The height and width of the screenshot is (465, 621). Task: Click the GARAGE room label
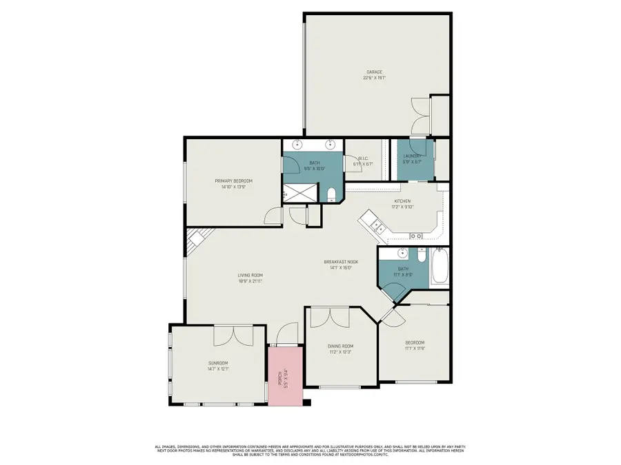point(375,72)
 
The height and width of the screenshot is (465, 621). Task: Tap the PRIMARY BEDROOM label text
point(230,180)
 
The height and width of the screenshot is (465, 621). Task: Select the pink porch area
point(286,375)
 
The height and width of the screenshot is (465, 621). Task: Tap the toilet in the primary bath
point(332,193)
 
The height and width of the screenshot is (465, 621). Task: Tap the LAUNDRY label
point(413,156)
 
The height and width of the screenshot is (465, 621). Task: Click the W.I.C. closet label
point(363,158)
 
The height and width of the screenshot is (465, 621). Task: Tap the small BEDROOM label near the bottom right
point(415,342)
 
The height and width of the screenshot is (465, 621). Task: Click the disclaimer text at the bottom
point(310,450)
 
